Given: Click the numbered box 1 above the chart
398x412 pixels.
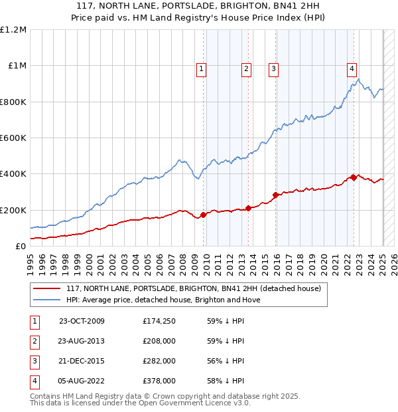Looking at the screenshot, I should (201, 67).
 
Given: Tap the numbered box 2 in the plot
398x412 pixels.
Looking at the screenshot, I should (246, 67).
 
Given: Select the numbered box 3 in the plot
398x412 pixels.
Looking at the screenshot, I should (273, 67).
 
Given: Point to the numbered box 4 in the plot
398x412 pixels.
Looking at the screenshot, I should (352, 67).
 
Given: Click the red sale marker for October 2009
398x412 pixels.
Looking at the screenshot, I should (204, 214).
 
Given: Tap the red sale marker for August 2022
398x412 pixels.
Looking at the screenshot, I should (354, 177).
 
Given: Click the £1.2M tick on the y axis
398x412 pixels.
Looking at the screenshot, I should (13, 30).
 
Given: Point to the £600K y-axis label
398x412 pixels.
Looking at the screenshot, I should (13, 138).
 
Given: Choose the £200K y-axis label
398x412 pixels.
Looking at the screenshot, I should (13, 210).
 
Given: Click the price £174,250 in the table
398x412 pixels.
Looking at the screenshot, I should (159, 321).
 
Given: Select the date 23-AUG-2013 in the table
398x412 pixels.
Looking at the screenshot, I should (82, 341).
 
